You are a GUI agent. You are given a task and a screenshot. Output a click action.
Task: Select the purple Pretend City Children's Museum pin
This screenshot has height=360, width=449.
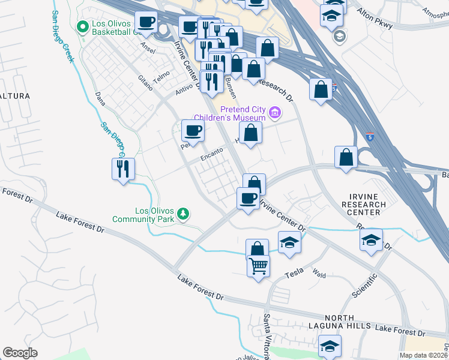point(275,112)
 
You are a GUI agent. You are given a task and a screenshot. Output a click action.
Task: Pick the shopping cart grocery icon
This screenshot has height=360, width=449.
point(258,266)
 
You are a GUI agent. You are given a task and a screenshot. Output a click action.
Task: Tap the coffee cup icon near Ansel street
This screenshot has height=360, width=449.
point(146,23)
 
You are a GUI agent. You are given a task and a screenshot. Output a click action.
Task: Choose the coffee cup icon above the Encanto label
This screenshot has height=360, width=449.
point(193,130)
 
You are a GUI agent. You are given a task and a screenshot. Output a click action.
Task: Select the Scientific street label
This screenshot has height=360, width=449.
point(364,286)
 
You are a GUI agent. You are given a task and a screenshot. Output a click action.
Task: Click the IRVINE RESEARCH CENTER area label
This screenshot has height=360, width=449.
point(366,204)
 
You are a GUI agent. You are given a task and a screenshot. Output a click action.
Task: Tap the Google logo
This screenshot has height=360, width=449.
point(20,353)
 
